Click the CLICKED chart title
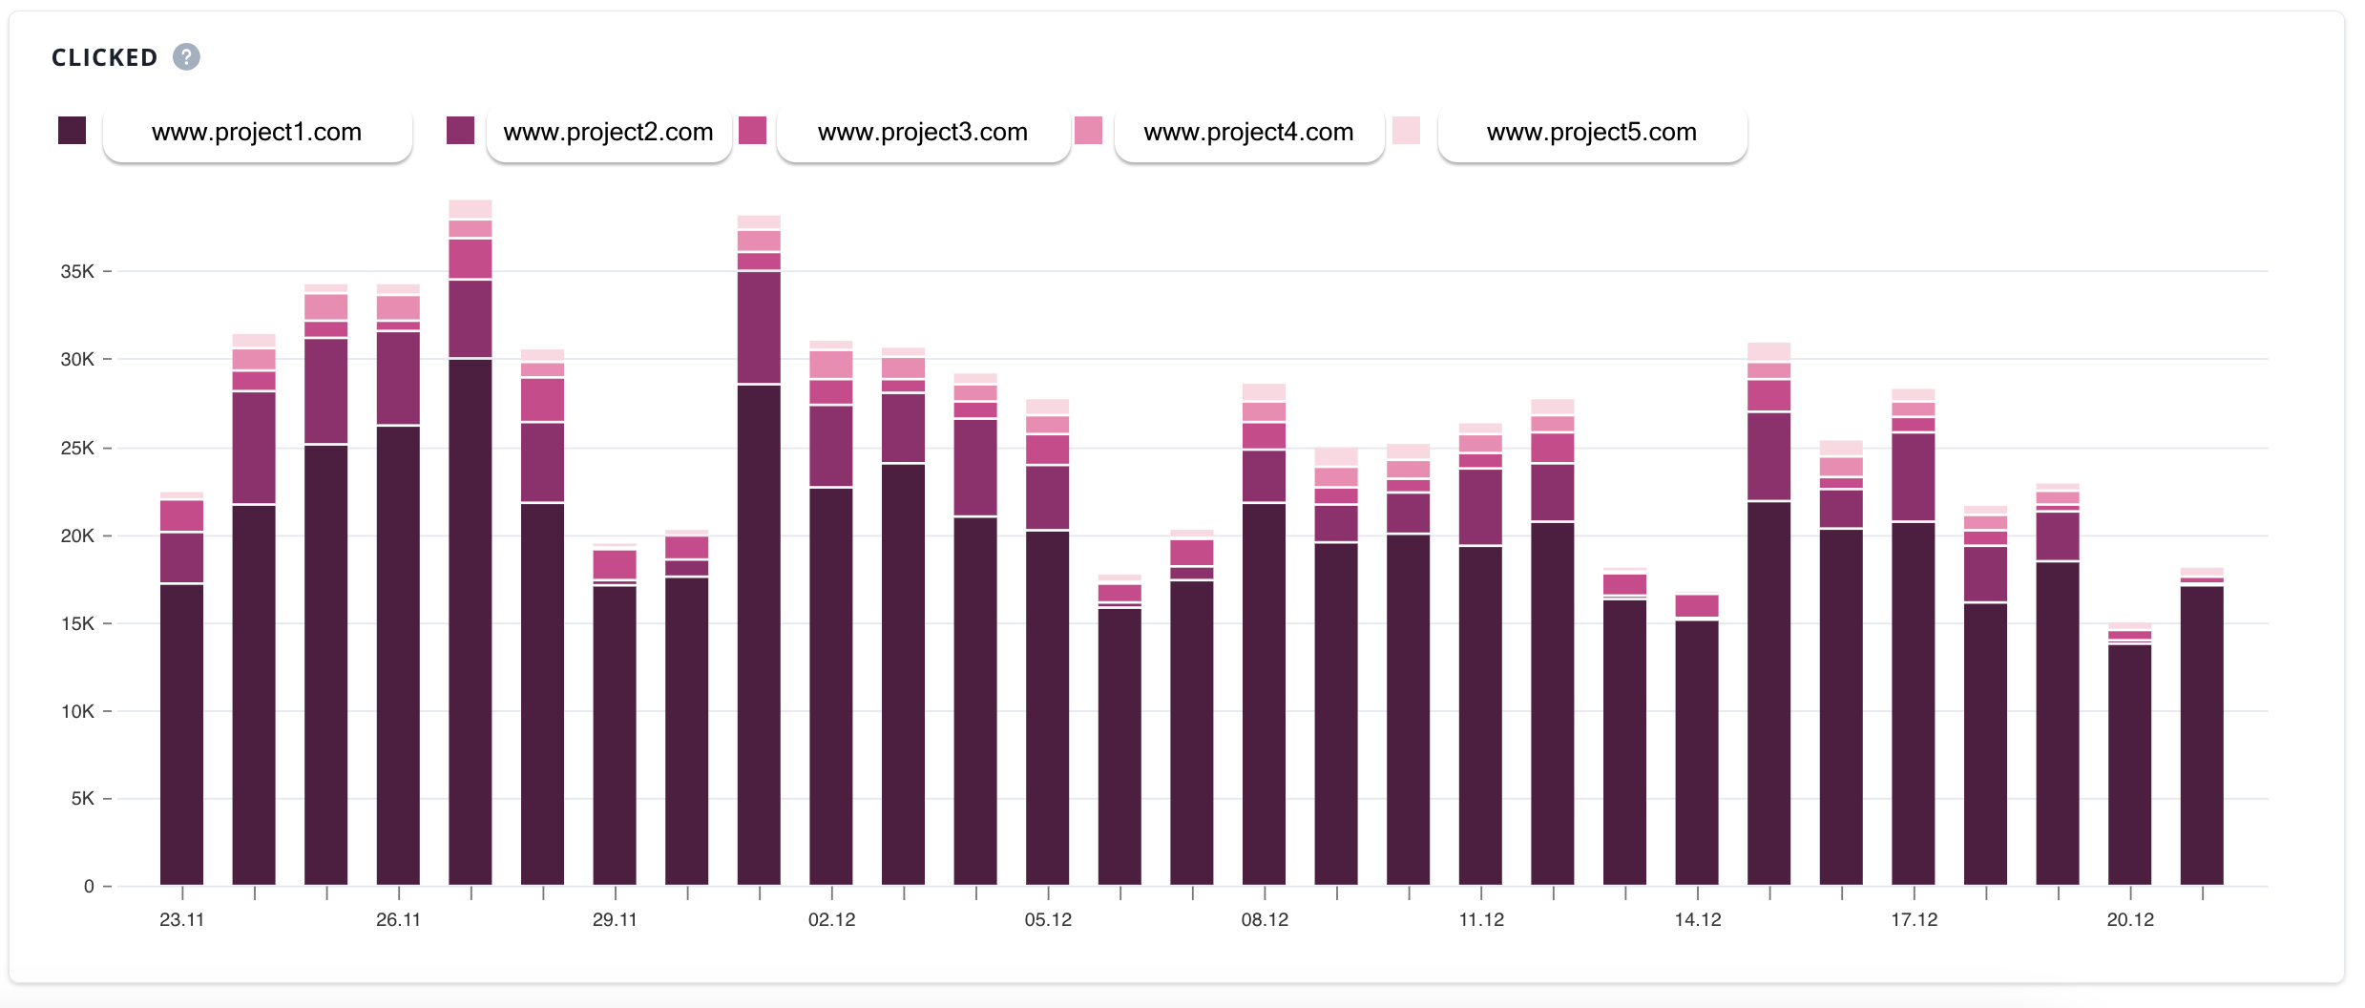click(x=104, y=58)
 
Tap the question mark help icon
click(x=186, y=57)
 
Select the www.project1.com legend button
click(x=257, y=133)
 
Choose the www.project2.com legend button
click(x=608, y=133)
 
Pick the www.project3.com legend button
click(x=922, y=133)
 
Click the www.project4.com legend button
click(x=1248, y=133)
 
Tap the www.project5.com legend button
click(x=1591, y=133)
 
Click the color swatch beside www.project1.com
click(x=73, y=131)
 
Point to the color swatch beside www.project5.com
click(x=1406, y=131)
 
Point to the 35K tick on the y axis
click(x=77, y=272)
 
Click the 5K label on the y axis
click(x=82, y=799)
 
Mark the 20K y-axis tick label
click(x=77, y=536)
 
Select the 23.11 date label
click(x=181, y=920)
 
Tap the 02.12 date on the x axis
click(x=831, y=920)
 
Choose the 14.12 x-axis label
click(x=1698, y=920)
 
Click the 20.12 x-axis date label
click(x=2130, y=920)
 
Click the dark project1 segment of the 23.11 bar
click(x=181, y=735)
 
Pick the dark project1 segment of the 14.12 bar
click(x=1697, y=753)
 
